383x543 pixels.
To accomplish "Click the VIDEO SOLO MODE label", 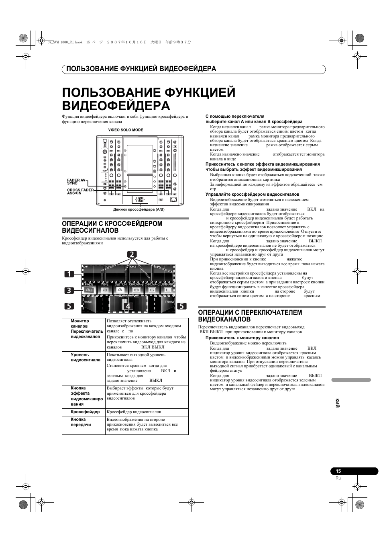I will tap(126, 130).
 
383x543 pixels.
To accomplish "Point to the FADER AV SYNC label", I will tap(76, 181).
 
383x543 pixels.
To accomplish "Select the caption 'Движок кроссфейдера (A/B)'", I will tap(139, 209).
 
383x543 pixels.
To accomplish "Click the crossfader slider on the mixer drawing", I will tap(139, 199).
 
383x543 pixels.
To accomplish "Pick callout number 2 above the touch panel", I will tap(132, 254).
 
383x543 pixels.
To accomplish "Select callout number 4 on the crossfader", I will tap(128, 306).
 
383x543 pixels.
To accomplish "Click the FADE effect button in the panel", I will tap(89, 290).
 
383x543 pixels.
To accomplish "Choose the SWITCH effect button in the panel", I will tap(120, 290).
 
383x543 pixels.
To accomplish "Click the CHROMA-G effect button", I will tap(152, 290).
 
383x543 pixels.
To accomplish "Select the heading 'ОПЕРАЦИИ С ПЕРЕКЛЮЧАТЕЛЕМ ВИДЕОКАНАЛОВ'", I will tap(250, 316).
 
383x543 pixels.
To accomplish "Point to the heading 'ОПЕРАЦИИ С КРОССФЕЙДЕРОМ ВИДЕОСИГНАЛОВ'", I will tap(112, 227).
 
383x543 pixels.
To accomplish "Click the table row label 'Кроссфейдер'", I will tap(85, 412).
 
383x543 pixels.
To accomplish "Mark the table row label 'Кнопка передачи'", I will tap(81, 422).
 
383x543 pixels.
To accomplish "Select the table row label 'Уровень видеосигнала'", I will tap(86, 357).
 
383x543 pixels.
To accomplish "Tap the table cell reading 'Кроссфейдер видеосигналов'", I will tap(134, 412).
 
